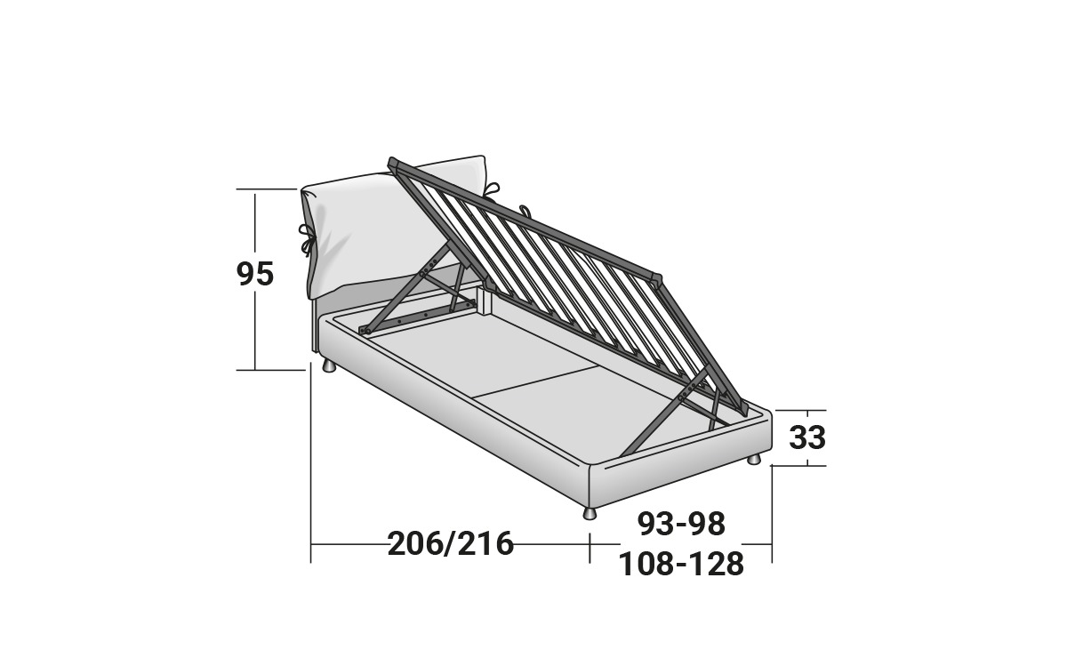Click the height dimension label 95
point(255,274)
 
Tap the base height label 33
point(807,437)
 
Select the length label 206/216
point(451,543)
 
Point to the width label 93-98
point(681,524)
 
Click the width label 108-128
point(681,564)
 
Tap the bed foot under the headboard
point(329,366)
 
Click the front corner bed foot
point(590,513)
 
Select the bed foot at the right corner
point(754,460)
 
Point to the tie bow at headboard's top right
point(491,189)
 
